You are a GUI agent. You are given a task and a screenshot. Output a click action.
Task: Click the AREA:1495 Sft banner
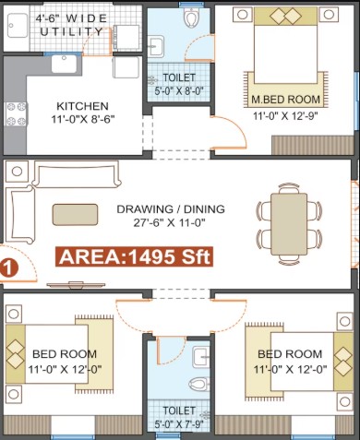click(x=134, y=256)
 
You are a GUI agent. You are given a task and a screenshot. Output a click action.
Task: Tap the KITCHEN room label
click(x=82, y=106)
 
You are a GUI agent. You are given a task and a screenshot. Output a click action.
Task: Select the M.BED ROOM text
click(x=285, y=100)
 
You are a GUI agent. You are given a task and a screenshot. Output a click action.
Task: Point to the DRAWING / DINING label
click(x=171, y=209)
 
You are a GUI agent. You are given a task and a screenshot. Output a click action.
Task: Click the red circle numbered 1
click(x=8, y=268)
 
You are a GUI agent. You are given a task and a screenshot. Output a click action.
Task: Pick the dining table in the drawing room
click(x=289, y=224)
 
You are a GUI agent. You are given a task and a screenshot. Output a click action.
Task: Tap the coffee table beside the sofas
click(x=75, y=215)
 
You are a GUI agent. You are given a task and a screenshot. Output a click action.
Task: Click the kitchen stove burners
click(x=17, y=114)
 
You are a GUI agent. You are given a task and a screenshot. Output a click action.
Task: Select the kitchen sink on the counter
click(x=64, y=64)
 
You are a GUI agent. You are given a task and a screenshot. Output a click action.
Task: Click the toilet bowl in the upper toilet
click(x=191, y=17)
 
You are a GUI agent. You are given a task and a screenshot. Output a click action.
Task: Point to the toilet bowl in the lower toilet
click(x=198, y=385)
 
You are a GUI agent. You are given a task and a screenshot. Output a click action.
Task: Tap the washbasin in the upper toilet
click(x=156, y=46)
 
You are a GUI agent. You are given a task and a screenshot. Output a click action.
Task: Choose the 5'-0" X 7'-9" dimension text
click(x=179, y=425)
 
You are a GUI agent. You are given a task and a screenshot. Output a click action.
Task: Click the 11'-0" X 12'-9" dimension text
click(x=285, y=116)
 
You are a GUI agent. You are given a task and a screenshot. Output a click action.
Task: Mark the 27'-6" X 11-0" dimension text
click(x=169, y=222)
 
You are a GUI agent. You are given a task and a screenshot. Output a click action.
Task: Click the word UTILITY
click(x=71, y=31)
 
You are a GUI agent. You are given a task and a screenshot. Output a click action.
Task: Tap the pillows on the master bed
click(x=285, y=16)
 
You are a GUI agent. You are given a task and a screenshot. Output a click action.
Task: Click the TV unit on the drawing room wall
click(x=76, y=285)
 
